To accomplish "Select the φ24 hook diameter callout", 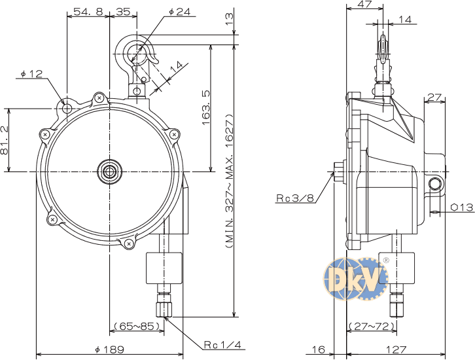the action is click(180, 12).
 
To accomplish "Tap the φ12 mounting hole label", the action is click(32, 73).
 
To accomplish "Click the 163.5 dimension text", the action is click(205, 107).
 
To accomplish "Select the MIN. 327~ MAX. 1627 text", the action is click(229, 181).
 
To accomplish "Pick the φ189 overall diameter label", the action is click(109, 350).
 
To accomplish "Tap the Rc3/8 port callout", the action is click(295, 198).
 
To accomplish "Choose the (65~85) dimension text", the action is click(137, 326).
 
